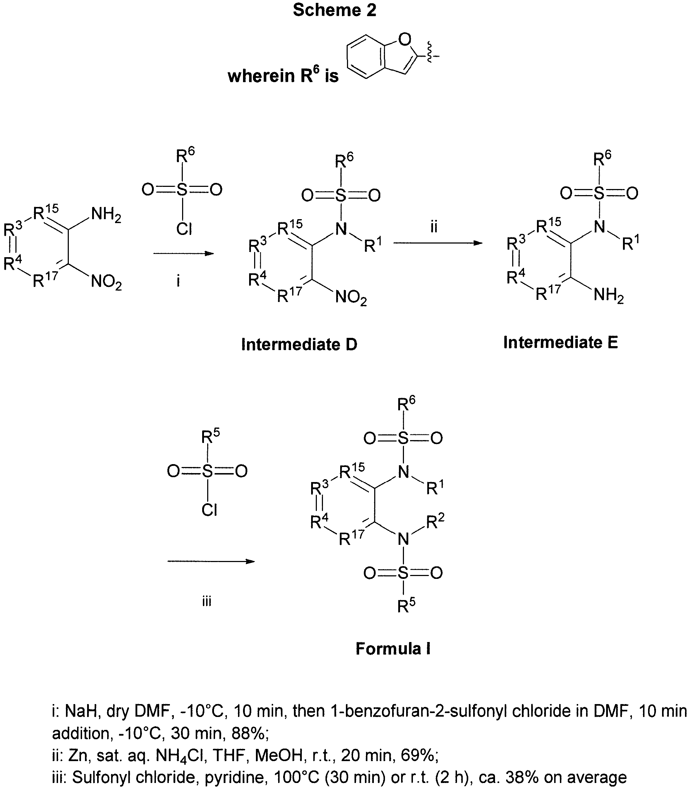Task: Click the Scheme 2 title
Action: [x=334, y=10]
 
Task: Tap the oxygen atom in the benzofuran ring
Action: [x=405, y=39]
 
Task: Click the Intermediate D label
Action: [x=299, y=344]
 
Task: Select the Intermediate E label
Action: [x=561, y=342]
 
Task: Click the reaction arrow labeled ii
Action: [x=438, y=243]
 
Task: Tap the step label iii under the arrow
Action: [x=207, y=601]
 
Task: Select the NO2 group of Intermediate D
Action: [x=351, y=298]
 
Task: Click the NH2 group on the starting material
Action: [x=106, y=214]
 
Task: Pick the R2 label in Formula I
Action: [x=436, y=522]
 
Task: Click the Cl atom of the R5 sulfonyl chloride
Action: [x=209, y=510]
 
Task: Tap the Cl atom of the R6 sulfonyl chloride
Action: [x=184, y=229]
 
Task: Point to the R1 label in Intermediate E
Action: [x=631, y=242]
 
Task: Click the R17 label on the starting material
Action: [x=45, y=280]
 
